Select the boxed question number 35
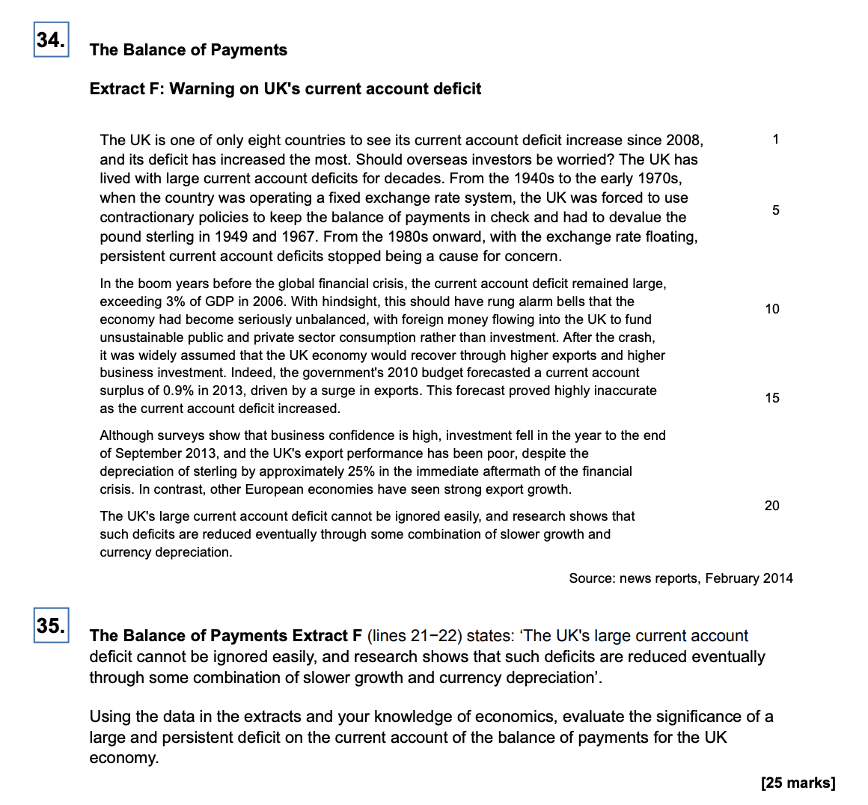(51, 625)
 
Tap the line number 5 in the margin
(776, 210)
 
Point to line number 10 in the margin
(772, 309)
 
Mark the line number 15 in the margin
(772, 398)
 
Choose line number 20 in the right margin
(772, 506)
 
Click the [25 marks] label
(798, 783)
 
